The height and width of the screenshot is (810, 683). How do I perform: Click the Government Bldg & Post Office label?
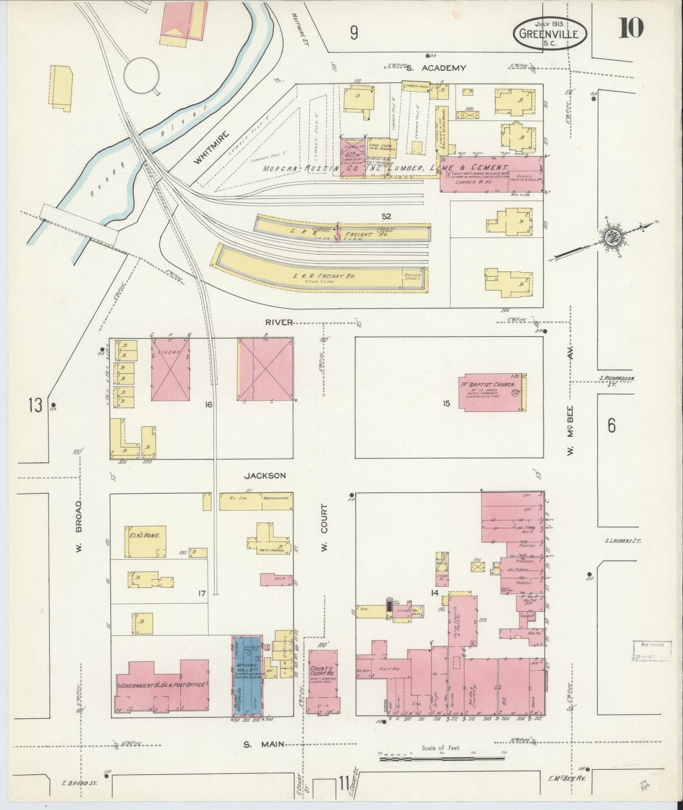pyautogui.click(x=162, y=684)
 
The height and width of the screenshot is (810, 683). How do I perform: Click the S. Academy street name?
pyautogui.click(x=436, y=68)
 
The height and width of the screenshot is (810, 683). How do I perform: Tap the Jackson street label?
pyautogui.click(x=265, y=475)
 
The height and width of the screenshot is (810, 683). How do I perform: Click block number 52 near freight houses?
pyautogui.click(x=387, y=216)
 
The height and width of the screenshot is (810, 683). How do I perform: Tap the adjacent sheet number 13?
pyautogui.click(x=35, y=405)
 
